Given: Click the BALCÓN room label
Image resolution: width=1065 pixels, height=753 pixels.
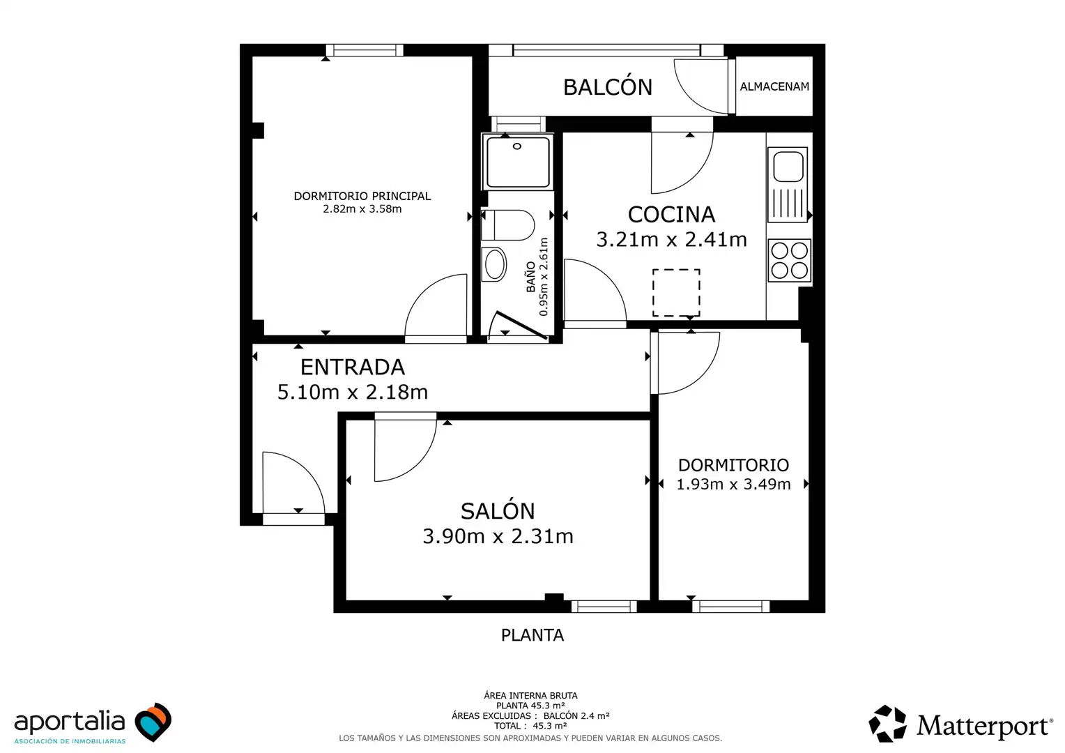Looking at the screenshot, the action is [608, 86].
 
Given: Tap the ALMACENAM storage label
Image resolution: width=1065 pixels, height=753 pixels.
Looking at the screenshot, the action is [774, 86].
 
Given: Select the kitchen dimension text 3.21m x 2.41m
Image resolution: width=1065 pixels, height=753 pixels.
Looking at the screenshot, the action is [671, 239].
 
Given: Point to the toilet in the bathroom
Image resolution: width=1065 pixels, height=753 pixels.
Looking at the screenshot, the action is [508, 225].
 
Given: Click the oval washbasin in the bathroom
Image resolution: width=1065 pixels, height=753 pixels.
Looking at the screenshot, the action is [494, 264].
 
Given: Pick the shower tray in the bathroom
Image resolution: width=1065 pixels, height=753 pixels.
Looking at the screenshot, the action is [518, 162].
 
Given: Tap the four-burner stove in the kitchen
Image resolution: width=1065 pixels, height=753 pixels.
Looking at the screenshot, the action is [789, 260].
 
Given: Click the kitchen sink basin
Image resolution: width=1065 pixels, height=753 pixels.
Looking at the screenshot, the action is [788, 167].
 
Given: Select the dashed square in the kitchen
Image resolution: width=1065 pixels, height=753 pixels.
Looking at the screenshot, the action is [676, 293].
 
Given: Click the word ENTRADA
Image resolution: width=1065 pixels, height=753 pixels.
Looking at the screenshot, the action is [352, 367].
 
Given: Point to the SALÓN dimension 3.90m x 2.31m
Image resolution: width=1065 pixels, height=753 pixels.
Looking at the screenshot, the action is [498, 536].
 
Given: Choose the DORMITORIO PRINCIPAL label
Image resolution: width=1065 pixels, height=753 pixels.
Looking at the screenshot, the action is [362, 196].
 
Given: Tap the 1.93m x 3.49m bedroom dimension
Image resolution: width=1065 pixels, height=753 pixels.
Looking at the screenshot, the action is [734, 485].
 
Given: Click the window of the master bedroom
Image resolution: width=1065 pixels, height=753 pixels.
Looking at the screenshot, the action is [365, 50].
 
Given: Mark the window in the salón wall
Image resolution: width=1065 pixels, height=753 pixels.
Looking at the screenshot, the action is [604, 607].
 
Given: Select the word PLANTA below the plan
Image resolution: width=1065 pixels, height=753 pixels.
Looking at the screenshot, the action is [532, 635].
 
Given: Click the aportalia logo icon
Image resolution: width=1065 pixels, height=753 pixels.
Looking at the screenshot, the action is [153, 722].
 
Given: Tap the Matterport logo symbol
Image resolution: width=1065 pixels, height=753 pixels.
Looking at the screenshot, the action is [887, 724].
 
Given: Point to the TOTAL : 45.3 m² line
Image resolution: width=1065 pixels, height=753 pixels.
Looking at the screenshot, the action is [530, 726].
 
